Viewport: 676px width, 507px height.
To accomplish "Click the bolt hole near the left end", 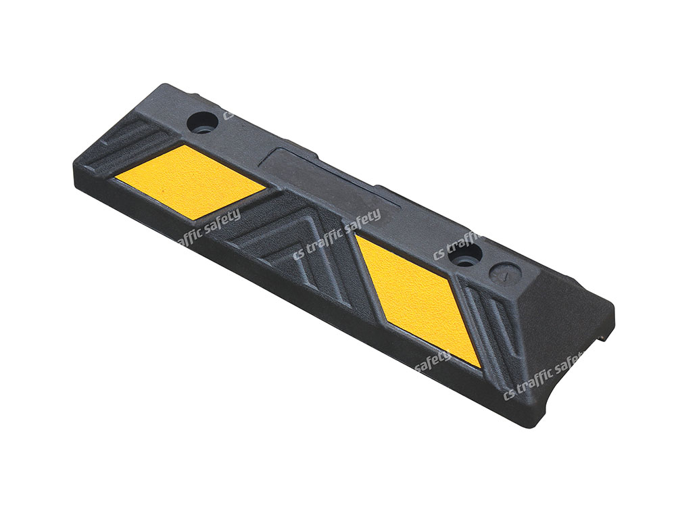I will [x=202, y=123].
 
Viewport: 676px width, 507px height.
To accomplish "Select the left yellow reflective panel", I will [x=190, y=180].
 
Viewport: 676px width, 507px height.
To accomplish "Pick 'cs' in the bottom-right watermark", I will [x=510, y=393].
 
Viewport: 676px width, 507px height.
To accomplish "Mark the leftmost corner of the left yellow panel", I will [x=115, y=178].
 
